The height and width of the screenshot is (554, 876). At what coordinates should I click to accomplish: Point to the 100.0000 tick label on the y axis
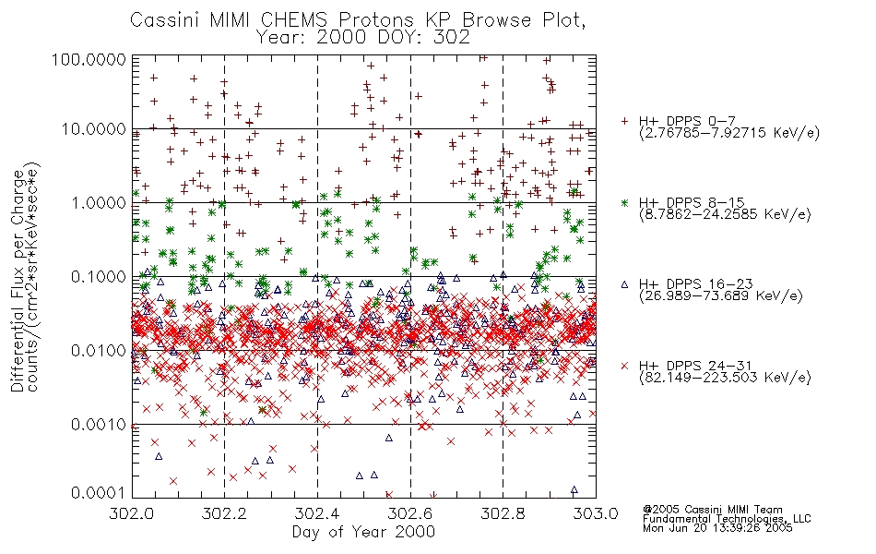click(x=89, y=59)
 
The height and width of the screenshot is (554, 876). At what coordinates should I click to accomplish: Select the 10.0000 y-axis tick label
click(x=94, y=129)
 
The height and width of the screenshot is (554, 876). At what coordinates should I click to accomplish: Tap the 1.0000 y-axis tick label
click(x=99, y=202)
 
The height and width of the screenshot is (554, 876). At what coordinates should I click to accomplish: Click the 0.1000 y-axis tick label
click(x=99, y=276)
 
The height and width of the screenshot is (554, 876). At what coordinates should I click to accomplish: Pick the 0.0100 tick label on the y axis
click(x=99, y=351)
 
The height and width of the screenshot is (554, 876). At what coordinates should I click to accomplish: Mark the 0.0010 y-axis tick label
click(x=99, y=425)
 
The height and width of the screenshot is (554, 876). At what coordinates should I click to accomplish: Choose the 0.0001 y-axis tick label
click(x=99, y=493)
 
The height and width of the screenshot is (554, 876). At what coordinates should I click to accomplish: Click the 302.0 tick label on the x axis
click(x=132, y=513)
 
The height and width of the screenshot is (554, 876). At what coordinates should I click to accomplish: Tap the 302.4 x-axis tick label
click(x=317, y=513)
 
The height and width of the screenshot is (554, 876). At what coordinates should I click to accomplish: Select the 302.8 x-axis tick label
click(x=503, y=513)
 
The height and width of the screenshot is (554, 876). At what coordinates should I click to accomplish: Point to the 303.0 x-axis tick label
click(x=596, y=513)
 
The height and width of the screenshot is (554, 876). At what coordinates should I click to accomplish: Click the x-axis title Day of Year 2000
click(x=363, y=532)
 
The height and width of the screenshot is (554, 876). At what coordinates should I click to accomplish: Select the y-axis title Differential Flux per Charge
click(x=18, y=281)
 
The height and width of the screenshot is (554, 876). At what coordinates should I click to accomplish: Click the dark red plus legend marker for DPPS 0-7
click(x=624, y=121)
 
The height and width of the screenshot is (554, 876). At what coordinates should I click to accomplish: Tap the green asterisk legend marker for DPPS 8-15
click(x=624, y=202)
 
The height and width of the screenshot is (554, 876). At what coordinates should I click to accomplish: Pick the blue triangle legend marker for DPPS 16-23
click(x=624, y=284)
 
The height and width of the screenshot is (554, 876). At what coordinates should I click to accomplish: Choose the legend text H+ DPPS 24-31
click(x=695, y=366)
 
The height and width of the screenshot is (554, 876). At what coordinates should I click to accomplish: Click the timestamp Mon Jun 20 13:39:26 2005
click(x=717, y=528)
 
